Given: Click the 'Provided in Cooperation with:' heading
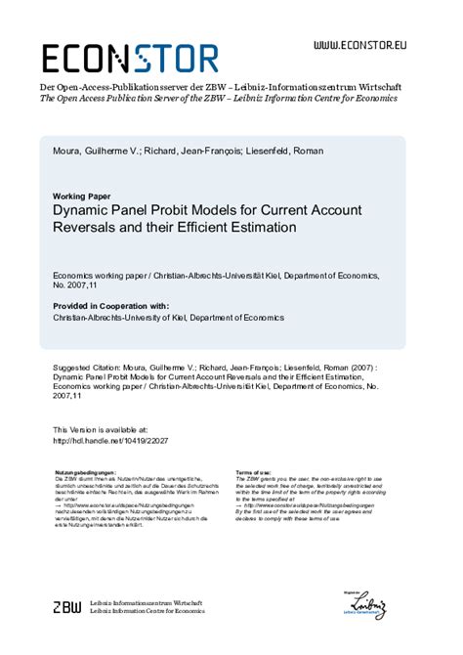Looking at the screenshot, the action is [x=110, y=306].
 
